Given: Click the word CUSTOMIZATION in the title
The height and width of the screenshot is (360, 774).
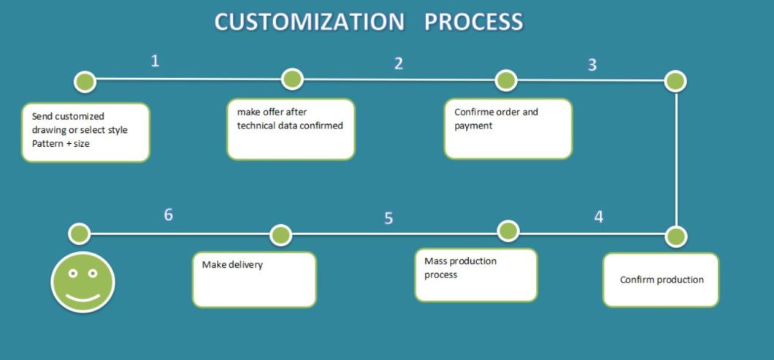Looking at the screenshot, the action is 310,22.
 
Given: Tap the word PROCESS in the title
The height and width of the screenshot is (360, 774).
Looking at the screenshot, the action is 473,22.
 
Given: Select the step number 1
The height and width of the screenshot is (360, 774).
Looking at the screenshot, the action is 155,61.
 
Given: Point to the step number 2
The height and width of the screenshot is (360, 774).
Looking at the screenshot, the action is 399,64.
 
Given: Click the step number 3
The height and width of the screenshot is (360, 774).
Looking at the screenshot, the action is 592,65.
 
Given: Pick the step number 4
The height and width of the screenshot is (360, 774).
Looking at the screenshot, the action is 599,217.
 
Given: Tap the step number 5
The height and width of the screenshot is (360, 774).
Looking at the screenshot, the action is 388,218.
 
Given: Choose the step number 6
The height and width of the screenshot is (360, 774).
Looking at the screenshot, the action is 169,215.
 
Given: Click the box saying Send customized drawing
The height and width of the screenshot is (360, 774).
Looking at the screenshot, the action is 85,132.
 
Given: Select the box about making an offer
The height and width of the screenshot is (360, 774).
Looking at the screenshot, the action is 291,129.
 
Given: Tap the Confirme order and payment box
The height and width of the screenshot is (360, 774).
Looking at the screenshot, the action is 508,129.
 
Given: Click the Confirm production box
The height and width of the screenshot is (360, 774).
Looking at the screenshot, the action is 661,280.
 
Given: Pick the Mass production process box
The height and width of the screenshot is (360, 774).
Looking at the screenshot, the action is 476,275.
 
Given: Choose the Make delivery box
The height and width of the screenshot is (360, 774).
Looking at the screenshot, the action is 254,280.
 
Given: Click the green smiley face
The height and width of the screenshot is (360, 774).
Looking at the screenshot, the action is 83,282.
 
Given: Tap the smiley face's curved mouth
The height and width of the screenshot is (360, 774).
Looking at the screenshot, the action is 83,297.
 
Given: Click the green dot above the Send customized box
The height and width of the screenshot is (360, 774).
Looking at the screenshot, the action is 85,82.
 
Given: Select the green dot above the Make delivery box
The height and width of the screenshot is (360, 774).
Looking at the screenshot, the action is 281,236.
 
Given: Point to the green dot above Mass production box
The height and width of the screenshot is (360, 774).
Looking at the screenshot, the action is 508,231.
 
